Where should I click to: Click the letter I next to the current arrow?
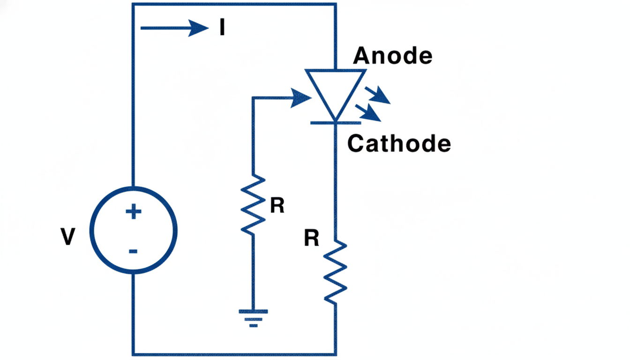(222, 29)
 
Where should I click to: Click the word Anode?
(393, 56)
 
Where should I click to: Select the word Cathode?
(399, 143)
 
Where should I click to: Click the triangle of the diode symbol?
(335, 91)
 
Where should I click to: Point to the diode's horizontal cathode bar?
(335, 122)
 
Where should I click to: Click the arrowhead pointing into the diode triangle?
(301, 98)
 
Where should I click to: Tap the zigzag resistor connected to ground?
(253, 204)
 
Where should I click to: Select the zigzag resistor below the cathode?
(335, 272)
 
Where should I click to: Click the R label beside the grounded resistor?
(277, 206)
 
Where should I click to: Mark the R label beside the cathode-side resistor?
(311, 239)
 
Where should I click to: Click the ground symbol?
(253, 317)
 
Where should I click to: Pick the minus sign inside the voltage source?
(133, 251)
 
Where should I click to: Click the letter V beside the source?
(68, 237)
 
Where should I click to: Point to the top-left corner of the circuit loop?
(134, 5)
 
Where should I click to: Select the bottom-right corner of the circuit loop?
(335, 354)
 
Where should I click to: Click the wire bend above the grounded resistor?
(254, 98)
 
